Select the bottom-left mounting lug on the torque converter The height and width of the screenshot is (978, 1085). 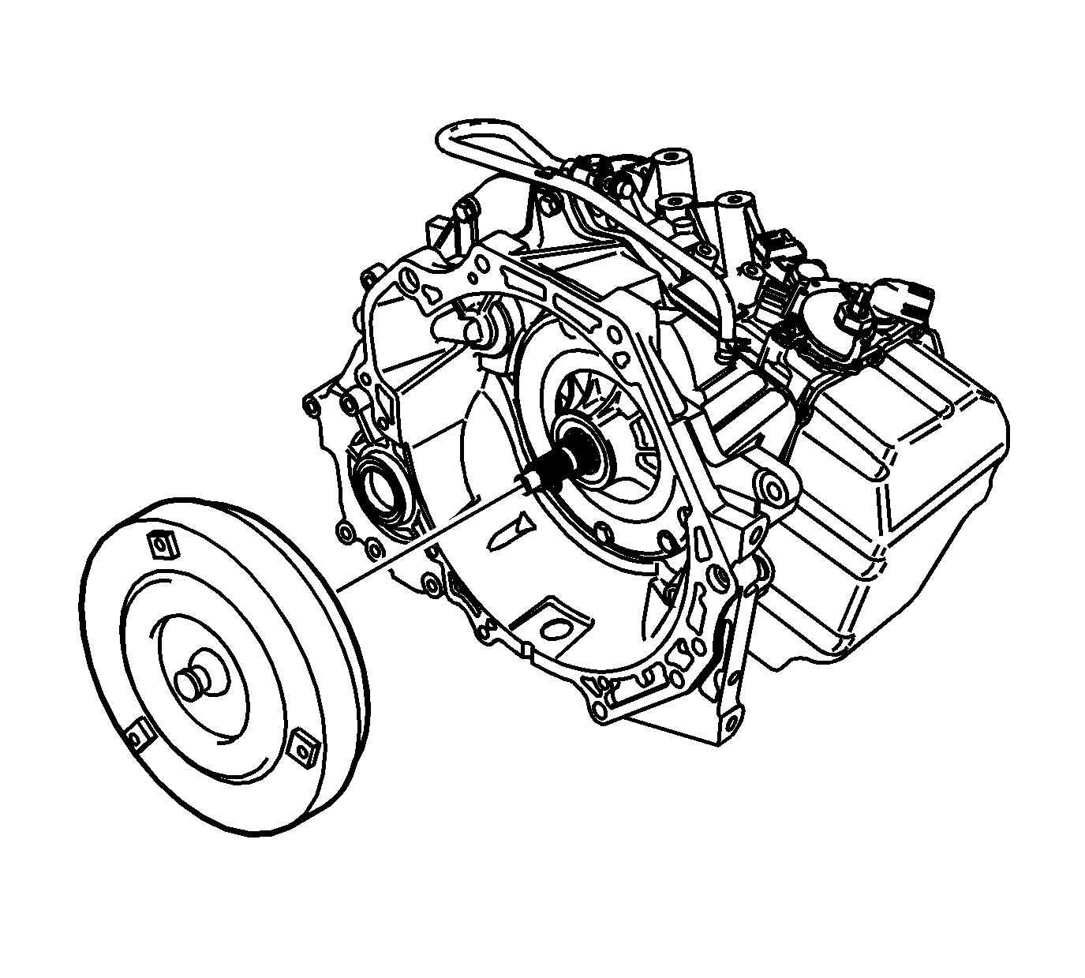point(140,736)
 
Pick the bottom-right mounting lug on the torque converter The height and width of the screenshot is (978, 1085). point(304,747)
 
